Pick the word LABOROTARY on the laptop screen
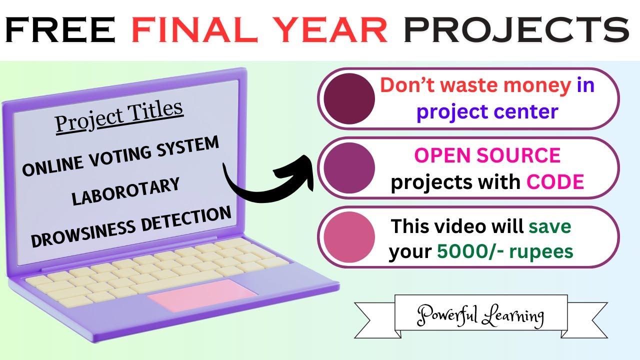pyautogui.click(x=125, y=191)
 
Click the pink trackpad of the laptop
pyautogui.click(x=202, y=295)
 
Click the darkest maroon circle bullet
pyautogui.click(x=349, y=98)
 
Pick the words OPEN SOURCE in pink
pyautogui.click(x=487, y=155)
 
